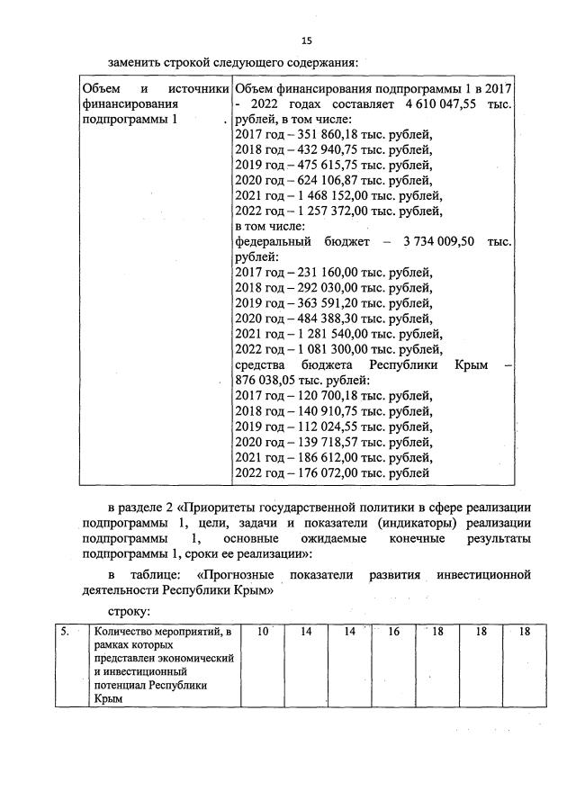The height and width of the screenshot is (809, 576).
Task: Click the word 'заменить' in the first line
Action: coord(136,62)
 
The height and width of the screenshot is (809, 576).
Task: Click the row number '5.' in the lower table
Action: coord(66,633)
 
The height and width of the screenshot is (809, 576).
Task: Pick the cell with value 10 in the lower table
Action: coord(263,632)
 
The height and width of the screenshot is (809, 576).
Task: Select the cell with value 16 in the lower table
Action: coord(394,632)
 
